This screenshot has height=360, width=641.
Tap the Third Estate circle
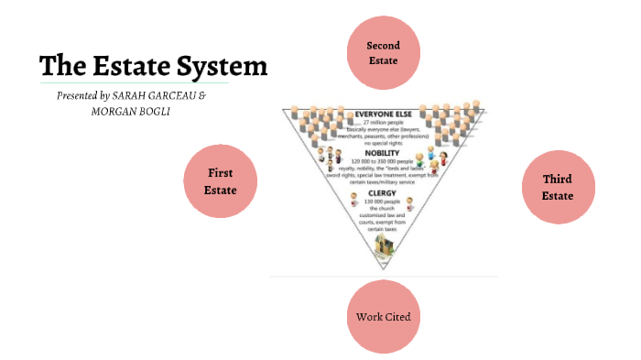click(558, 187)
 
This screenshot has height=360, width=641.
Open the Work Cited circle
click(383, 316)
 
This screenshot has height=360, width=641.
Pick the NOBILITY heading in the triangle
click(384, 153)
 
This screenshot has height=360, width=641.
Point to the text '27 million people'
click(384, 123)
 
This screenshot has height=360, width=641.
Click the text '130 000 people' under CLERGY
click(384, 202)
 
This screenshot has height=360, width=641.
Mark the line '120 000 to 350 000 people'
click(384, 161)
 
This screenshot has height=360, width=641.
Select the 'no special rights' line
click(384, 143)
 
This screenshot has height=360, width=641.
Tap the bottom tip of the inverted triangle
click(384, 268)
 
